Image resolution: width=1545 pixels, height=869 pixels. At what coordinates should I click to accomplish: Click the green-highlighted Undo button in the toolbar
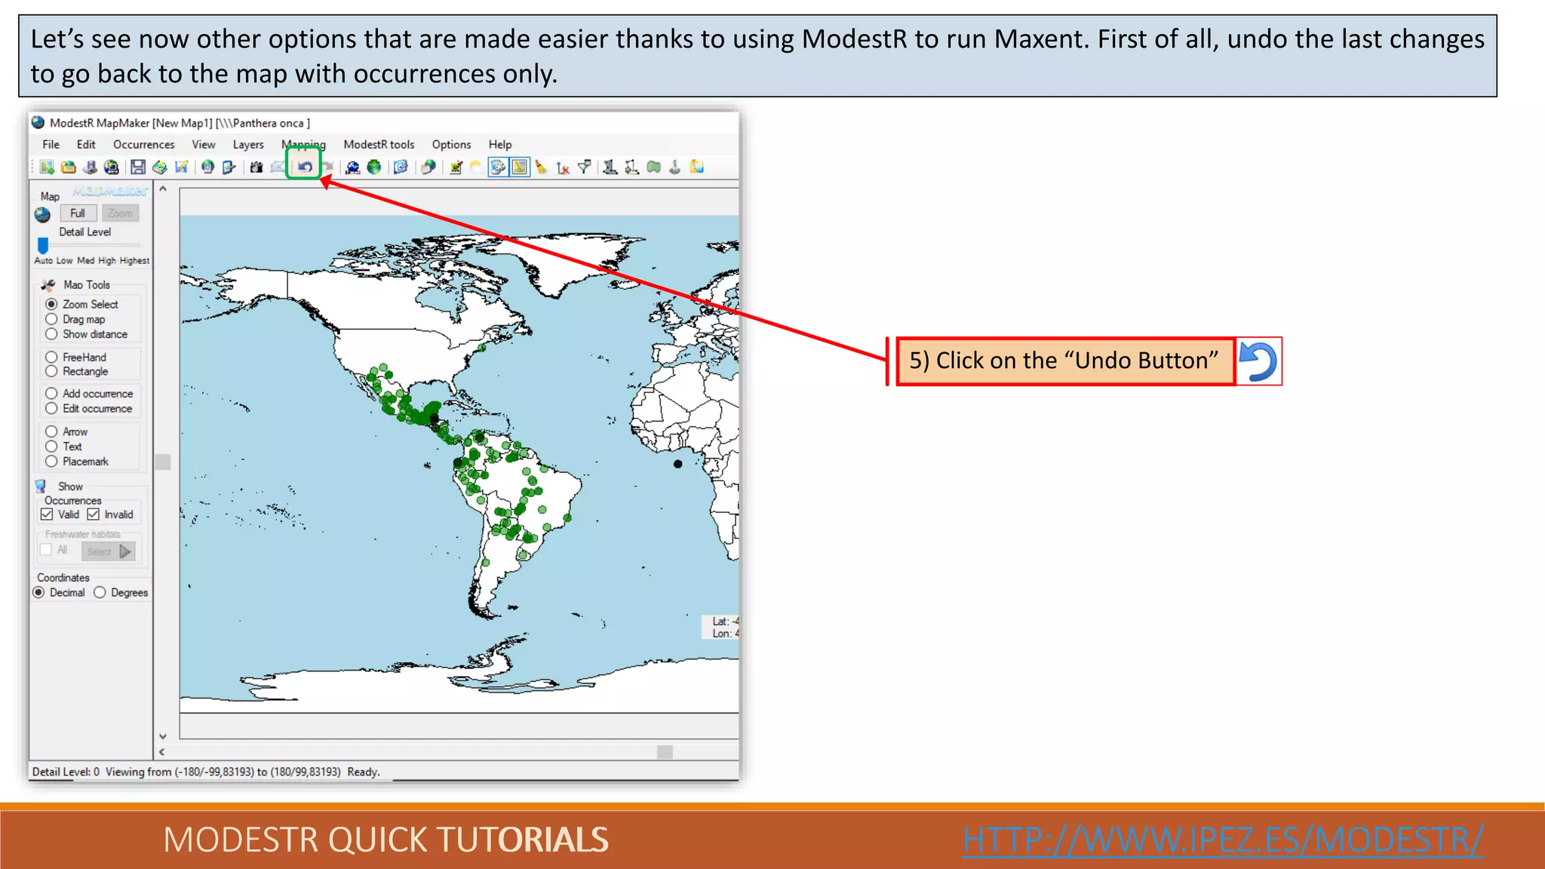pos(305,167)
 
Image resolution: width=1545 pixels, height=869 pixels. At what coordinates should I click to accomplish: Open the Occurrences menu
pos(143,144)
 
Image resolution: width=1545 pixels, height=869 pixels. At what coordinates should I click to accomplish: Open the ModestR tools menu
pos(379,144)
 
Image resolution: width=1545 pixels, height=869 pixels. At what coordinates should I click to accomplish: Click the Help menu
pos(499,144)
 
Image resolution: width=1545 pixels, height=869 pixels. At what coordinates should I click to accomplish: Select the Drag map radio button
pos(51,319)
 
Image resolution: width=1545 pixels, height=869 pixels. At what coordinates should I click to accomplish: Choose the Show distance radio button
pos(51,334)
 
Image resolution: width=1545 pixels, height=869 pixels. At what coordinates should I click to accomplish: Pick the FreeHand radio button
pos(51,357)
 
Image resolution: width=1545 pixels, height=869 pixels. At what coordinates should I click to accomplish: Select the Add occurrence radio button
pos(51,393)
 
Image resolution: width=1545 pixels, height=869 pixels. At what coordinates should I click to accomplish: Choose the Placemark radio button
pos(51,461)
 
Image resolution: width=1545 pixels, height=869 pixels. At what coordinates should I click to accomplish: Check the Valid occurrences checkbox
pos(47,514)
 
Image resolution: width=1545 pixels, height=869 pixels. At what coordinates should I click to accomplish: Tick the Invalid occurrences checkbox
pos(94,514)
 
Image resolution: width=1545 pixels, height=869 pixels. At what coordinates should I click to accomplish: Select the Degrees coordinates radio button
pos(100,592)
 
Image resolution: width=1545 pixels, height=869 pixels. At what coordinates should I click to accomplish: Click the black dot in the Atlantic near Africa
pos(677,464)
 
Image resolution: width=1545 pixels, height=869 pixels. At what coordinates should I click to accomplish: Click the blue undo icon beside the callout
pos(1258,361)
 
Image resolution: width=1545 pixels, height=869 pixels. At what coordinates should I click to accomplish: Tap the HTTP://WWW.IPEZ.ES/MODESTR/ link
pos(1223,840)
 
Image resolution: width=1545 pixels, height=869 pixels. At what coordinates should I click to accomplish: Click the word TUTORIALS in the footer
pos(523,840)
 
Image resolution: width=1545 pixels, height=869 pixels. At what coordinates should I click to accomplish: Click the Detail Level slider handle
pos(43,245)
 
